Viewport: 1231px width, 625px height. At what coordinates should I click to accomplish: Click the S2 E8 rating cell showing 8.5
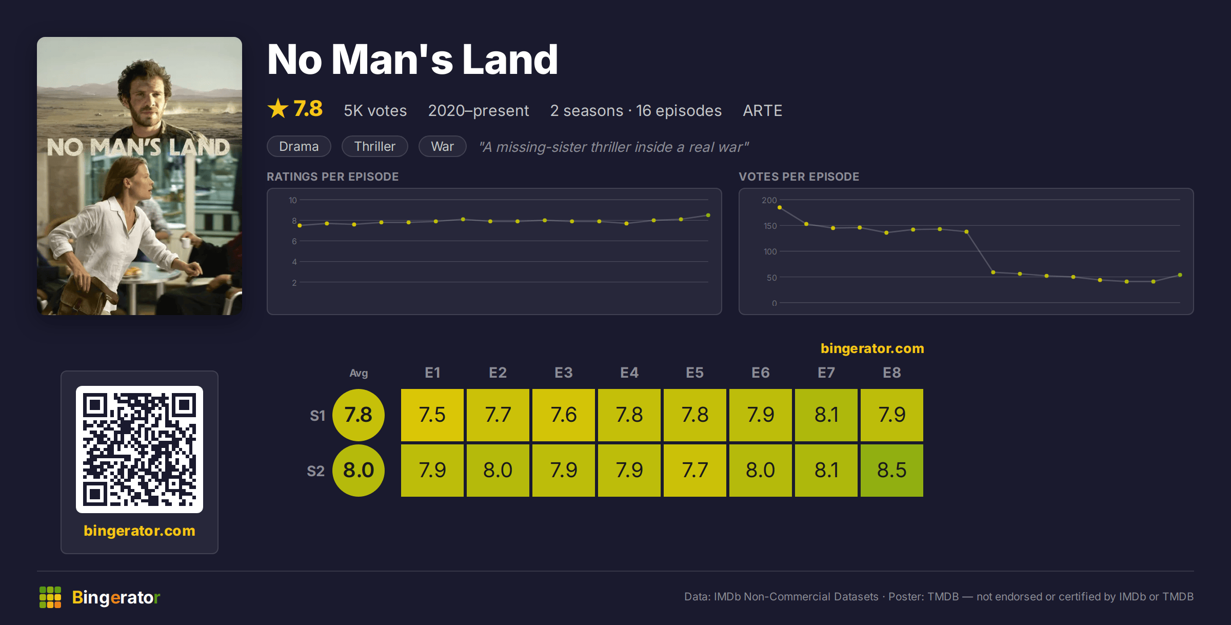pyautogui.click(x=891, y=470)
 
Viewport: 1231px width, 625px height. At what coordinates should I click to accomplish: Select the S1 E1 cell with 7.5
pyautogui.click(x=432, y=415)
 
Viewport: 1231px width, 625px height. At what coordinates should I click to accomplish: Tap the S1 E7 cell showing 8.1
pyautogui.click(x=826, y=415)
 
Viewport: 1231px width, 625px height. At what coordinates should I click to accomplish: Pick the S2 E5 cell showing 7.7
pyautogui.click(x=694, y=470)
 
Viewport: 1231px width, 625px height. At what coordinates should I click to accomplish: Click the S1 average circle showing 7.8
pyautogui.click(x=359, y=415)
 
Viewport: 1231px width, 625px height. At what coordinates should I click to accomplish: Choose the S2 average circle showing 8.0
pyautogui.click(x=359, y=470)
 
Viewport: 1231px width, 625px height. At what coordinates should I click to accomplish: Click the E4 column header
pyautogui.click(x=629, y=373)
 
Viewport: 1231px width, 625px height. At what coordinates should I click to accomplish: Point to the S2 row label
pyautogui.click(x=315, y=471)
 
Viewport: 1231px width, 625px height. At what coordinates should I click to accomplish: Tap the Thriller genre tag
pyautogui.click(x=374, y=146)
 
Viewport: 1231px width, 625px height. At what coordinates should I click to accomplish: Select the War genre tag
pyautogui.click(x=442, y=146)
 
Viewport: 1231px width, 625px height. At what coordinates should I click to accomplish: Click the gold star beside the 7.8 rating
pyautogui.click(x=278, y=108)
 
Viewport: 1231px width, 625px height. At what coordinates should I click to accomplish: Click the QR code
pyautogui.click(x=140, y=449)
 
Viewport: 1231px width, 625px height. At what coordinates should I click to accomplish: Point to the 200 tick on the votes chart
pyautogui.click(x=769, y=200)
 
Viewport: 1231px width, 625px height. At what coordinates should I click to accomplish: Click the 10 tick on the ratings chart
pyautogui.click(x=292, y=200)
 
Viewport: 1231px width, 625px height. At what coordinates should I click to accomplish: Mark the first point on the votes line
pyautogui.click(x=780, y=207)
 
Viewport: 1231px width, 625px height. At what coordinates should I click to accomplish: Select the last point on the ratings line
pyautogui.click(x=708, y=216)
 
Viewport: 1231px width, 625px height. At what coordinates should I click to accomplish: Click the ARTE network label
pyautogui.click(x=762, y=110)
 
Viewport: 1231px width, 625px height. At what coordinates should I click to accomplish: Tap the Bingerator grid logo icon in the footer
pyautogui.click(x=50, y=597)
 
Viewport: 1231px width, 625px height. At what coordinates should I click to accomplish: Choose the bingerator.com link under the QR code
pyautogui.click(x=140, y=531)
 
